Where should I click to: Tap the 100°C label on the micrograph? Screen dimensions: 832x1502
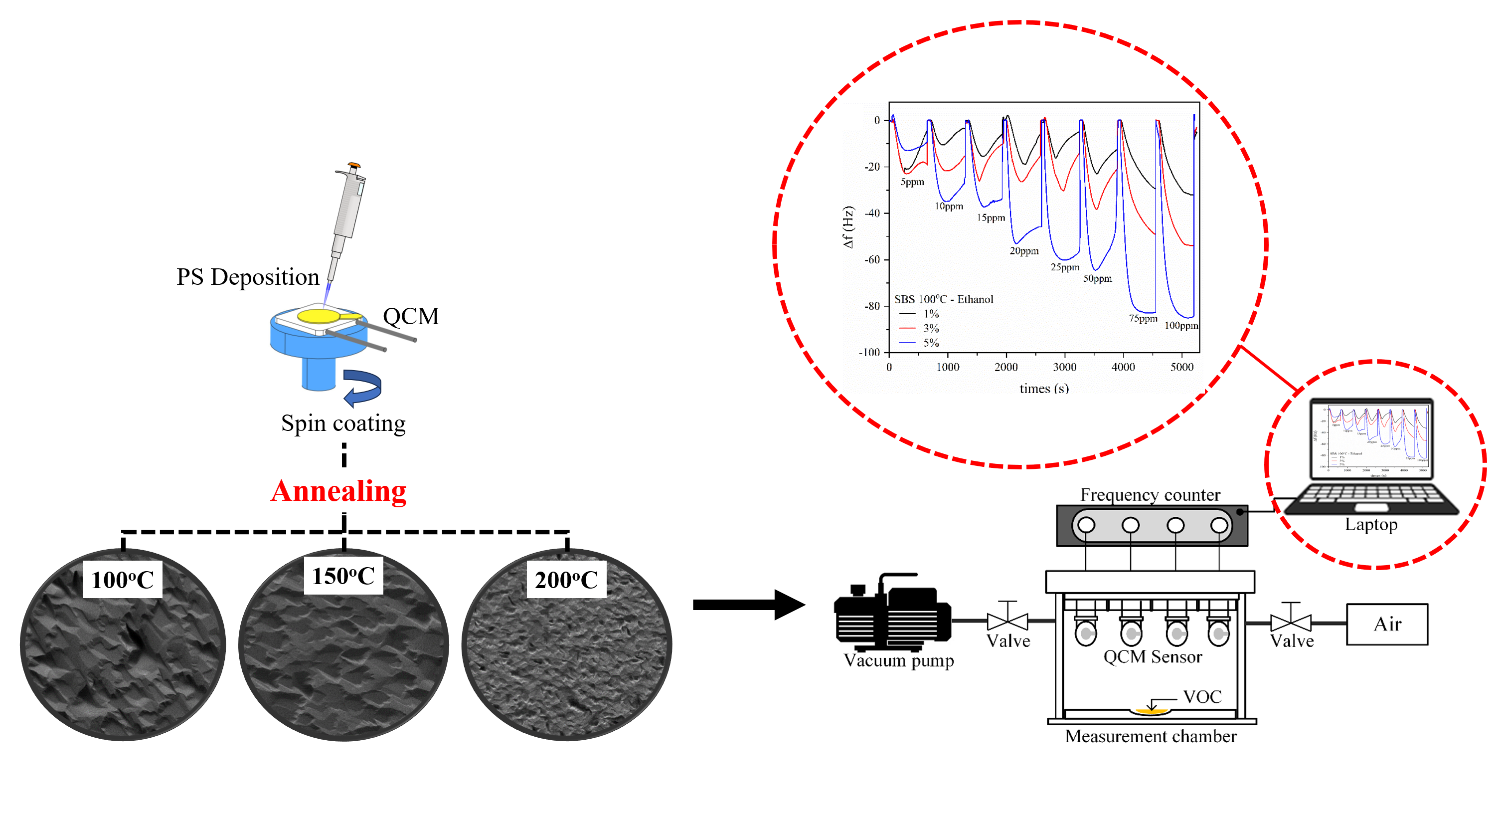[x=123, y=580]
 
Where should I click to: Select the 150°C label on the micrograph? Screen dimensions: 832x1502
[x=343, y=576]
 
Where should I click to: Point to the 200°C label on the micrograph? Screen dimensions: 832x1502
[x=566, y=580]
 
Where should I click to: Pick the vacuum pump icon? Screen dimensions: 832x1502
[x=892, y=613]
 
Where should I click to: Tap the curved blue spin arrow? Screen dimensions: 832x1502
[x=363, y=387]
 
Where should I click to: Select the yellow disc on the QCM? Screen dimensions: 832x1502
[x=319, y=316]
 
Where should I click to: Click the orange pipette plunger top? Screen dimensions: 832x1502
[x=354, y=166]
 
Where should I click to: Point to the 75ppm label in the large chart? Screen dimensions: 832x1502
[x=1143, y=319]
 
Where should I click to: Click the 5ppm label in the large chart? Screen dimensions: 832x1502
[x=912, y=182]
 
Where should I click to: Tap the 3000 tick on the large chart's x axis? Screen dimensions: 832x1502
[x=1064, y=367]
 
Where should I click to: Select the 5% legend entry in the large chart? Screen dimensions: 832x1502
[x=931, y=343]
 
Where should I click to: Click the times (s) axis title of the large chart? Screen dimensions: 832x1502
[x=1044, y=388]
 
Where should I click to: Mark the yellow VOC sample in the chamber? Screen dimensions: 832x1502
[x=1151, y=711]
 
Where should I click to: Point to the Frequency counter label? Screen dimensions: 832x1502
[x=1150, y=495]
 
